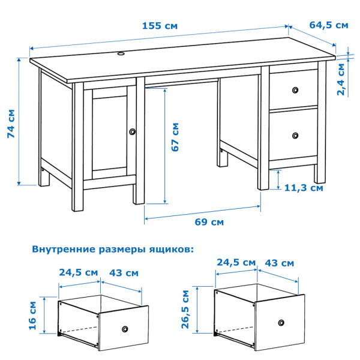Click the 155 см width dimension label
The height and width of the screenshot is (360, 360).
[x=160, y=26]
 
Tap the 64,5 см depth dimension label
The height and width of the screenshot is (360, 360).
[x=329, y=25]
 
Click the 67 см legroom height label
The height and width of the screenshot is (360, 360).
[x=175, y=137]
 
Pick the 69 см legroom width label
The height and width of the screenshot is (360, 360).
[x=209, y=222]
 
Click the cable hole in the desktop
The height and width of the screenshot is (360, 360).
[x=121, y=54]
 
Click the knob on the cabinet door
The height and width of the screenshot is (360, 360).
[x=133, y=131]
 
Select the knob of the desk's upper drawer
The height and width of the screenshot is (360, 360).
[x=294, y=90]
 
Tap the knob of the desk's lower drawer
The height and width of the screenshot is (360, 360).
[x=294, y=136]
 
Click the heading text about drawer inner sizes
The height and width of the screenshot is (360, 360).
[x=113, y=248]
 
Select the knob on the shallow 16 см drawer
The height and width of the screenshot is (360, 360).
[x=125, y=329]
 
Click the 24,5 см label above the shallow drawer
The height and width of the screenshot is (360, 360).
[x=79, y=272]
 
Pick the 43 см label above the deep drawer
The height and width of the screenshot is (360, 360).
[x=279, y=263]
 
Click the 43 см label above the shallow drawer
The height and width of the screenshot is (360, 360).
[x=124, y=272]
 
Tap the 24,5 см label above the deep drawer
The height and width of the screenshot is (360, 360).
[x=236, y=263]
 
